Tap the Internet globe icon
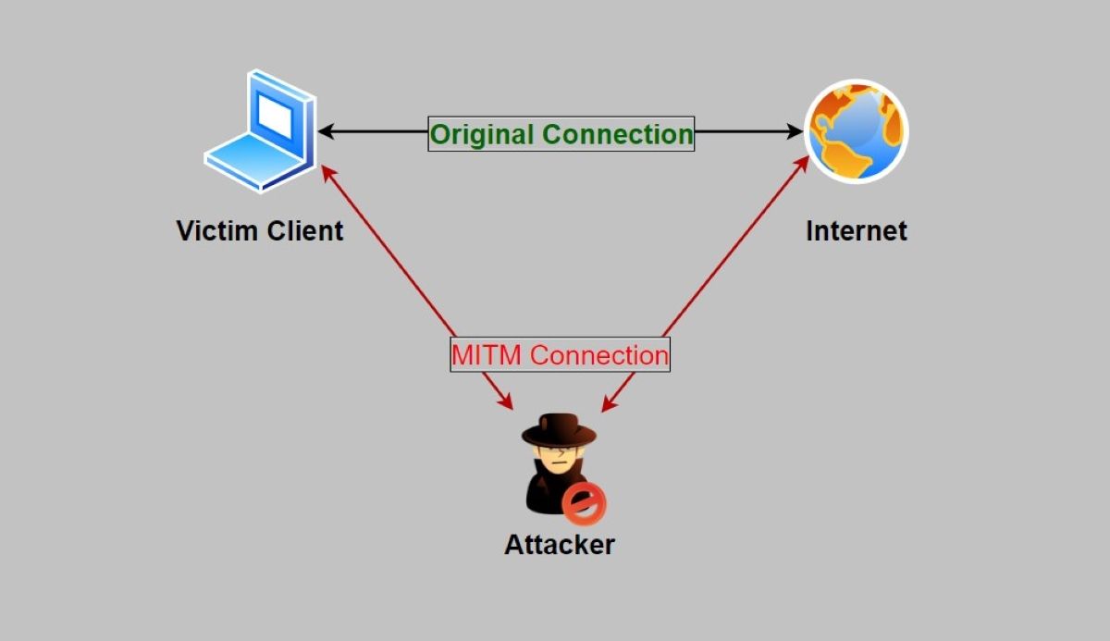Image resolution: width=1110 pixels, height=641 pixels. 856,131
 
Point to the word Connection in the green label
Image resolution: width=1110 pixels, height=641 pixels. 617,134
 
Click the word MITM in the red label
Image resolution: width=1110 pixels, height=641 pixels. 487,354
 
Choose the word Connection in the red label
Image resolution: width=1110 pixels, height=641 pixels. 598,354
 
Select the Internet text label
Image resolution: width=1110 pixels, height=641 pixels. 857,230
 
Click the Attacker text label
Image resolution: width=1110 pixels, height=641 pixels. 559,544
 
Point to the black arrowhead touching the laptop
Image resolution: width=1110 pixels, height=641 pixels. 327,132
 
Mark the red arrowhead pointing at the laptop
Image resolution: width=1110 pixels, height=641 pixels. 326,171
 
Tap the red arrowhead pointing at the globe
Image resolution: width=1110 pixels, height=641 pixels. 801,162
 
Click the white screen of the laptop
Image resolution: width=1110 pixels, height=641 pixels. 275,115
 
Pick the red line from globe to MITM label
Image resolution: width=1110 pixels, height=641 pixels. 731,250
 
